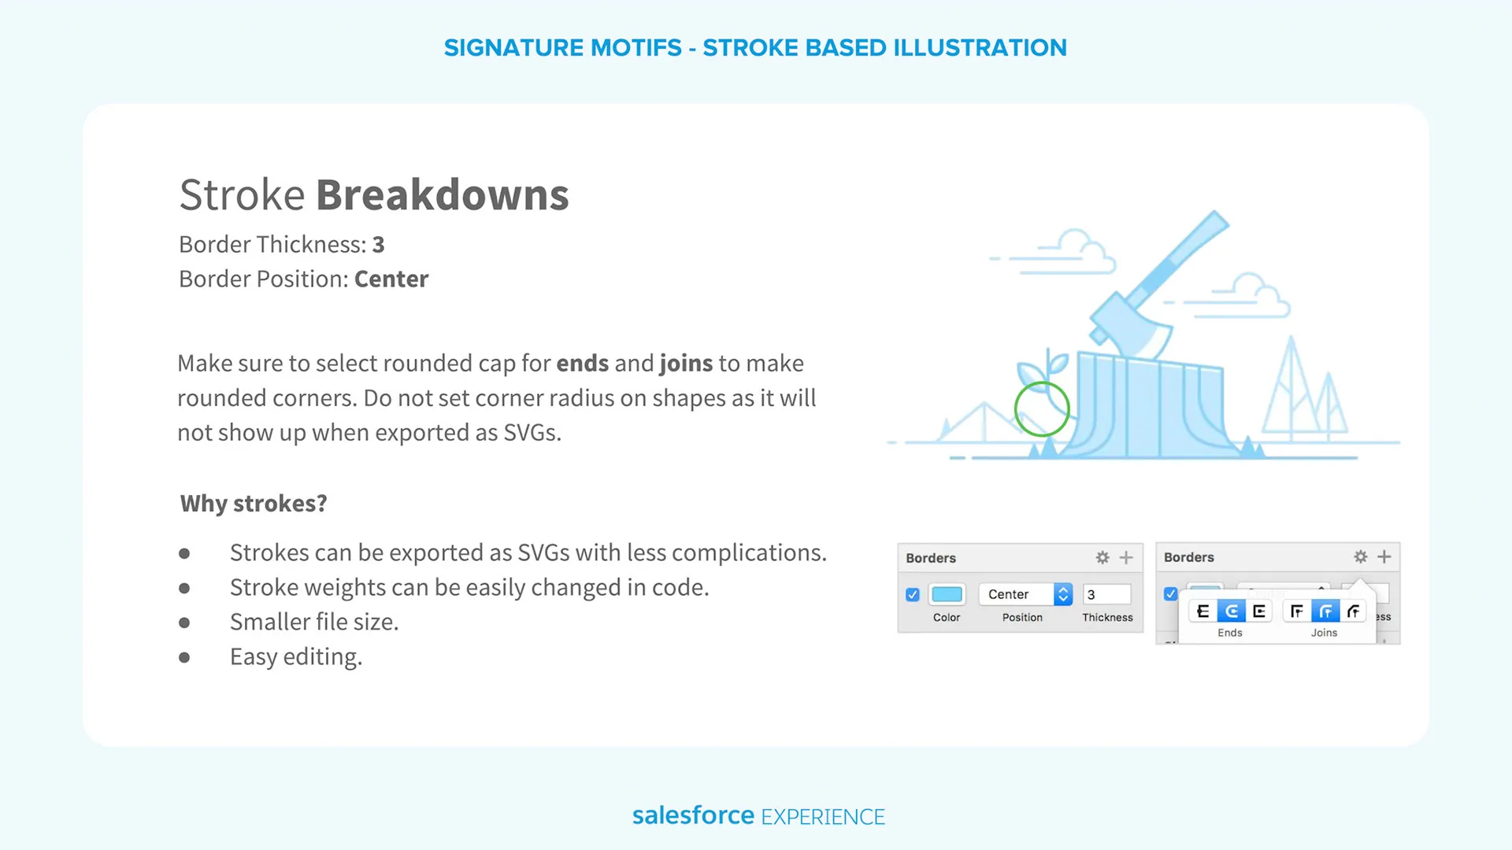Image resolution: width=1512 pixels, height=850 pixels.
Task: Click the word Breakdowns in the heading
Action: pos(443,194)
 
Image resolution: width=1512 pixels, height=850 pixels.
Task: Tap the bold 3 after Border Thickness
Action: pos(379,245)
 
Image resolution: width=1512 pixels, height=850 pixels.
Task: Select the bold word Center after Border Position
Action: pos(391,279)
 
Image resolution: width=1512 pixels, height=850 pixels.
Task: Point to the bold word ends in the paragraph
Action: pos(583,364)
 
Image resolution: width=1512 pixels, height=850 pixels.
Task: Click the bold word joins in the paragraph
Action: pos(686,364)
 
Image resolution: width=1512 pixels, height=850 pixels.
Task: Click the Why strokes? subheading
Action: pos(254,504)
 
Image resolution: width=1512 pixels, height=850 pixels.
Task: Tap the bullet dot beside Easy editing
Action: pos(184,657)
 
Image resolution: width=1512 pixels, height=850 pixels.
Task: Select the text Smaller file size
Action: pos(314,623)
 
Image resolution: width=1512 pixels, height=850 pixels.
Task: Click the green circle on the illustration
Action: pos(1042,382)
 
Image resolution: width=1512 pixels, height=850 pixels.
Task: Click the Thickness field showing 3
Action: pos(1107,594)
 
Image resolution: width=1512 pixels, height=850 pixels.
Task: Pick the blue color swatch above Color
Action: pos(947,594)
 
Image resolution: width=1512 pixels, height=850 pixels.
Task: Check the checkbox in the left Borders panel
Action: pos(913,595)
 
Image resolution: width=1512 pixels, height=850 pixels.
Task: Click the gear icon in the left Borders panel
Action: pos(1102,557)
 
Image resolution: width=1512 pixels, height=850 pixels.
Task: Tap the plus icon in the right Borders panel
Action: pos(1384,557)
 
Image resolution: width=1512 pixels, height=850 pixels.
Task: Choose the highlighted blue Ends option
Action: pos(1231,611)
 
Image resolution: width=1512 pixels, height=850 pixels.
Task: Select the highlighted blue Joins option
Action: pos(1325,611)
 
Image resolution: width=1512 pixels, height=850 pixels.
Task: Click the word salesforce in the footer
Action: pos(694,815)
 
